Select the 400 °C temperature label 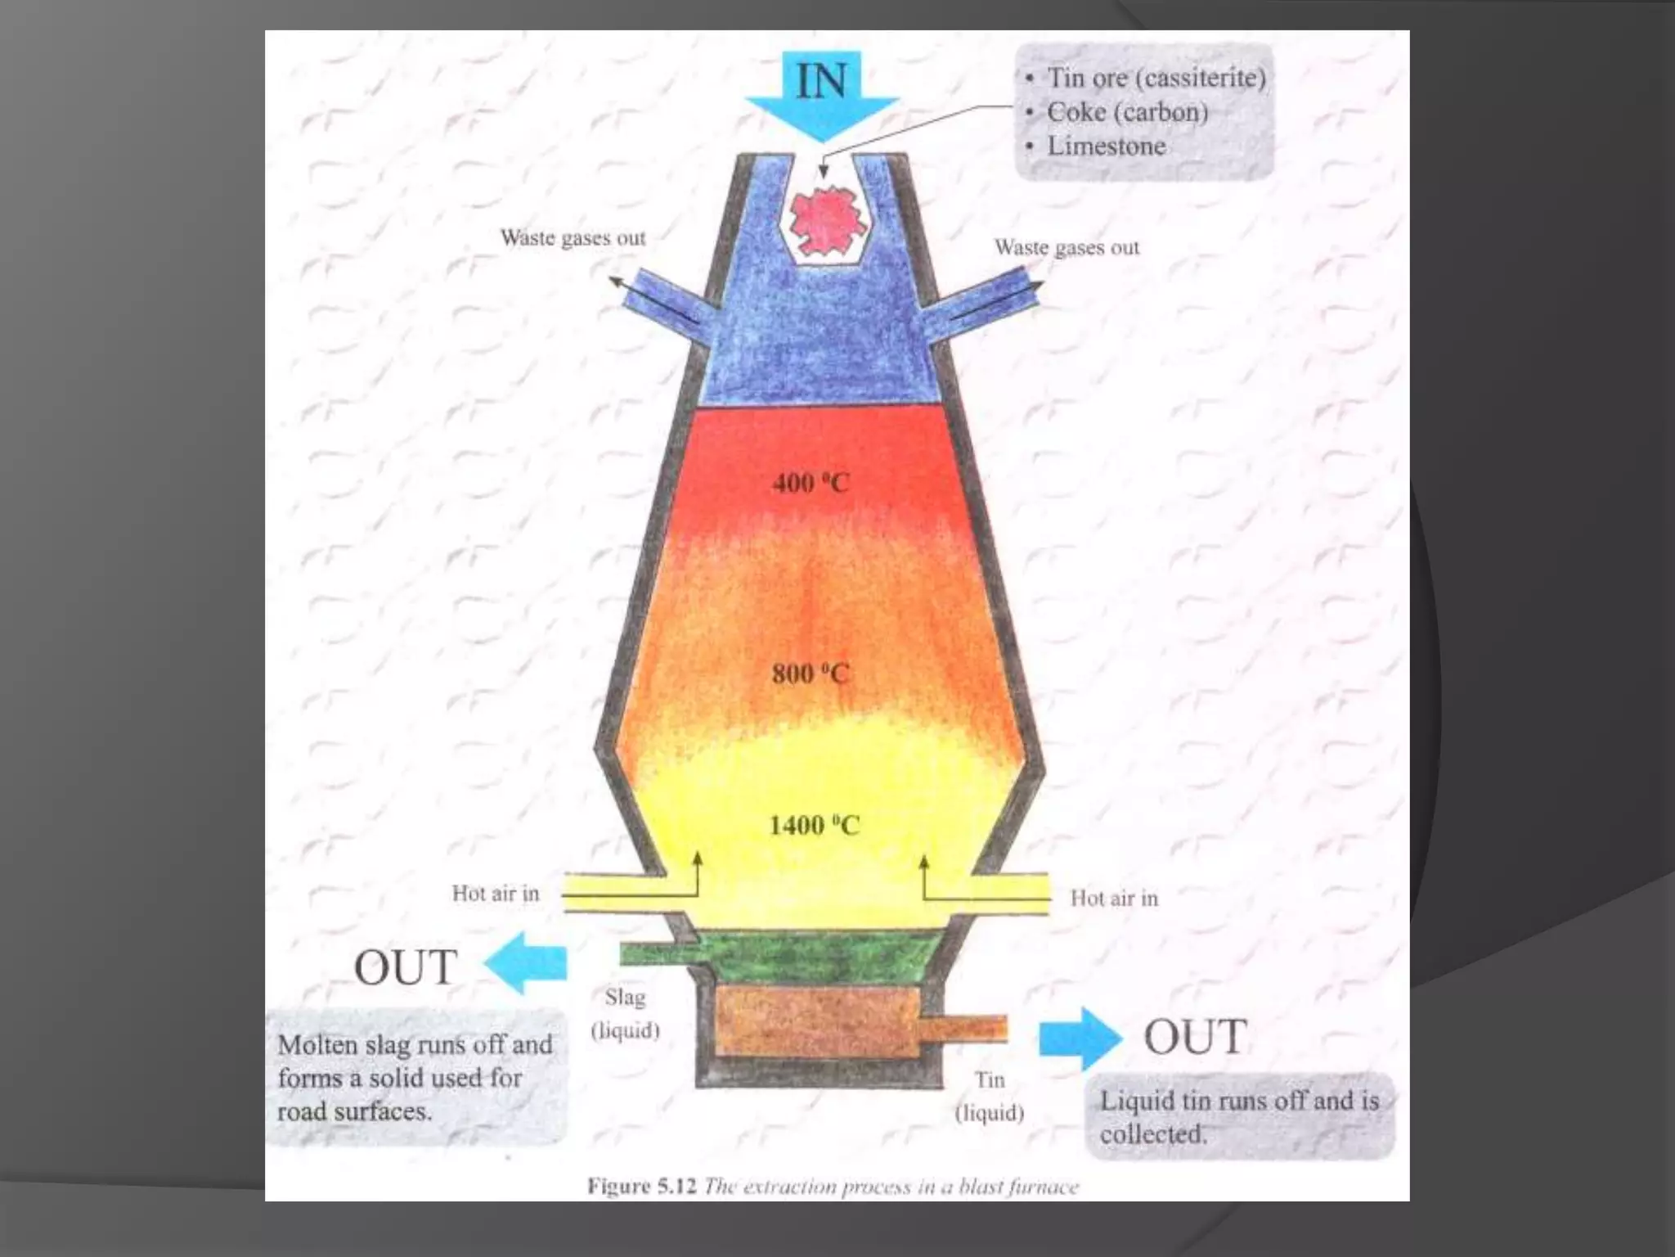pyautogui.click(x=811, y=483)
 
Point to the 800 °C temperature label pyautogui.click(x=811, y=674)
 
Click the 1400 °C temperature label pyautogui.click(x=814, y=825)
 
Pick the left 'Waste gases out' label pyautogui.click(x=573, y=238)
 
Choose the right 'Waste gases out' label pyautogui.click(x=1067, y=247)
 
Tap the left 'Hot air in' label pyautogui.click(x=496, y=894)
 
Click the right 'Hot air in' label pyautogui.click(x=1114, y=899)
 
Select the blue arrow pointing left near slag pyautogui.click(x=527, y=963)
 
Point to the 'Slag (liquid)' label pyautogui.click(x=625, y=1014)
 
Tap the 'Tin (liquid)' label pyautogui.click(x=990, y=1097)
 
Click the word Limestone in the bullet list pyautogui.click(x=1107, y=146)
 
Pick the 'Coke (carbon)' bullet pyautogui.click(x=1127, y=112)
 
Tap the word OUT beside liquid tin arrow pyautogui.click(x=1196, y=1037)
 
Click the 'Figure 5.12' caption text pyautogui.click(x=641, y=1187)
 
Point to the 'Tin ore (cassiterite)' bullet pyautogui.click(x=1156, y=78)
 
